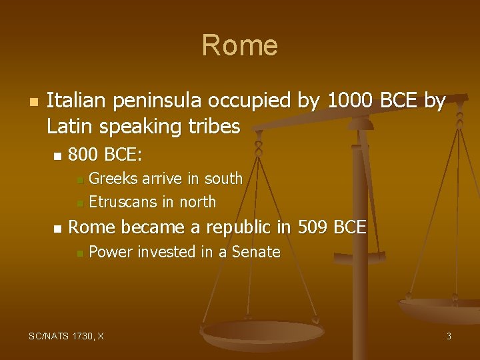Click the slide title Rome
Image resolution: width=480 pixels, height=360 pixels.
(x=239, y=45)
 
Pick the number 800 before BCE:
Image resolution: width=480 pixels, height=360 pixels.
(x=83, y=155)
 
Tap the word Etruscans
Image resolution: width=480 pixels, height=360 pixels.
(x=125, y=201)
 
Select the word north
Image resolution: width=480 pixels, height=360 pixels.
(x=197, y=201)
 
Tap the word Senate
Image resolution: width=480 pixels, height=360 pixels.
(x=256, y=252)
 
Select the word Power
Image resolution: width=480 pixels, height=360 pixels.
(x=109, y=252)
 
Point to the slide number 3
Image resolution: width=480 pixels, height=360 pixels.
(x=449, y=336)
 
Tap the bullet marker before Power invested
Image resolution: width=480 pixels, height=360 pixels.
(x=79, y=253)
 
